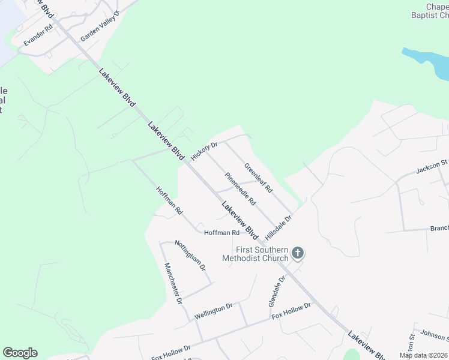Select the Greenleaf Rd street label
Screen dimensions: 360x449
point(258,178)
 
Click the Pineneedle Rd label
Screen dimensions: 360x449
point(241,188)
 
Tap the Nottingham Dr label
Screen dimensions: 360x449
point(190,254)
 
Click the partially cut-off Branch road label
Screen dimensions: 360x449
point(439,229)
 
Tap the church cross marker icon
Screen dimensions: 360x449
point(298,254)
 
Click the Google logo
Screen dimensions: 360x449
point(20,353)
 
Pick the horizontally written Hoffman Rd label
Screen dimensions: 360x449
point(221,233)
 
